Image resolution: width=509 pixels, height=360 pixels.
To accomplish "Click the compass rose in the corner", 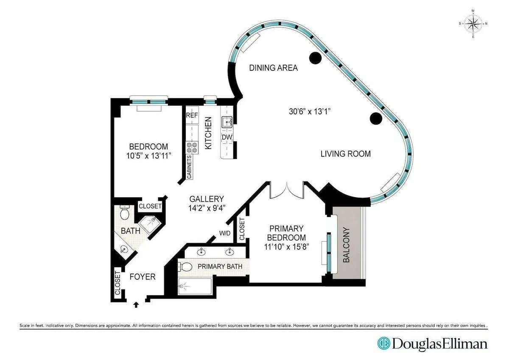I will pyautogui.click(x=473, y=23).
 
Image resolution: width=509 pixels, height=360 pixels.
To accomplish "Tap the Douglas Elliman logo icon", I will pyautogui.click(x=384, y=343).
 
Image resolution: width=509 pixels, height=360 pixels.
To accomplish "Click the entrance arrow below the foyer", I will pyautogui.click(x=136, y=304).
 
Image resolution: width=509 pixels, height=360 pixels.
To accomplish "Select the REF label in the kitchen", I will pyautogui.click(x=192, y=115).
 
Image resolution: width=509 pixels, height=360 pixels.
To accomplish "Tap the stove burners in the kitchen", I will pyautogui.click(x=191, y=147).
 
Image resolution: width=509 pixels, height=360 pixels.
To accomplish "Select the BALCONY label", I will pyautogui.click(x=347, y=246).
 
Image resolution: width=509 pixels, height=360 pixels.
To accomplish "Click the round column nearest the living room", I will pyautogui.click(x=375, y=119).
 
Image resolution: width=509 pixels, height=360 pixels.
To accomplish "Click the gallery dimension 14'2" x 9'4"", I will pyautogui.click(x=207, y=208).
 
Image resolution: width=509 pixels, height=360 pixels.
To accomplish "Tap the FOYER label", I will pyautogui.click(x=142, y=277).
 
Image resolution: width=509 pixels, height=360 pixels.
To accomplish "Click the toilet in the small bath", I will pyautogui.click(x=124, y=212).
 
